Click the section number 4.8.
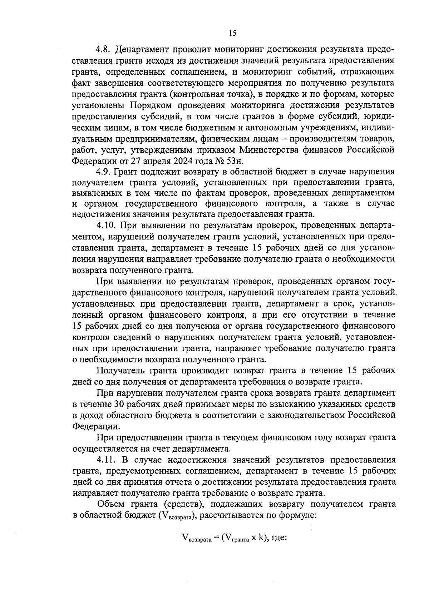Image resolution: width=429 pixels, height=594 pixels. coord(104,49)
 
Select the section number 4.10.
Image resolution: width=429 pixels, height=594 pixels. coord(106,226)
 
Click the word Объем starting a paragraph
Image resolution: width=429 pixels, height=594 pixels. coord(111,504)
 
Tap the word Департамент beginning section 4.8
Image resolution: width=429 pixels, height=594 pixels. coord(145,49)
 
